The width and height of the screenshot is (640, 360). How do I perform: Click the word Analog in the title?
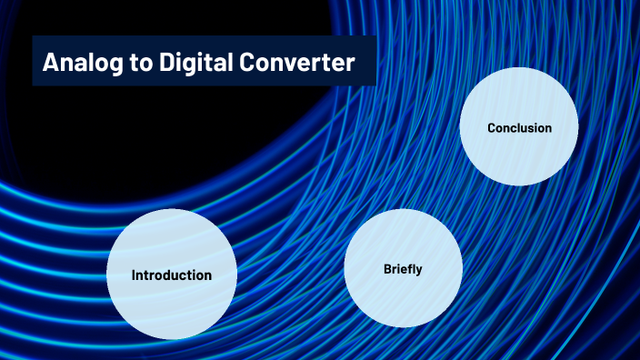79,63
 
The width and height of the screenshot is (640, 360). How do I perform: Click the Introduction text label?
172,275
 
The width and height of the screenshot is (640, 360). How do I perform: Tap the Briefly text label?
403,269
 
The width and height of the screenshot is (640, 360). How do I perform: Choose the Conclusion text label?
519,128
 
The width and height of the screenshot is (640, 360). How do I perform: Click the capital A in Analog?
51,63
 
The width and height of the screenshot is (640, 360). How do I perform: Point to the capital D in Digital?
156,63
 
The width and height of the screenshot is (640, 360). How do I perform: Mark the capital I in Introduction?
134,275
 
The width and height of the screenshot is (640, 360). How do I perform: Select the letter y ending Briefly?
419,271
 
